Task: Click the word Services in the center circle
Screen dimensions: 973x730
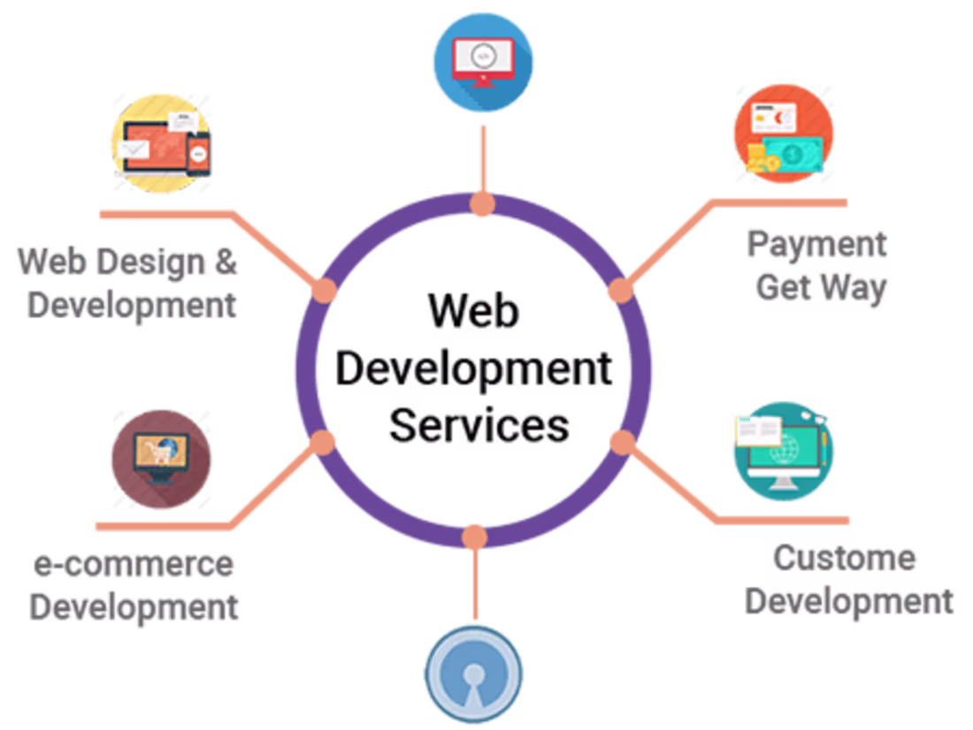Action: pos(479,425)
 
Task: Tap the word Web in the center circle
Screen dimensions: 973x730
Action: pos(473,310)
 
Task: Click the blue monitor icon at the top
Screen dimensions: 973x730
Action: pos(483,62)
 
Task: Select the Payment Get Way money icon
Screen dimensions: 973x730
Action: pos(784,133)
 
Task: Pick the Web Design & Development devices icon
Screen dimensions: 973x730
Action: pos(161,143)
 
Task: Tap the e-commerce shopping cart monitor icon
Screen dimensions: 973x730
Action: pos(161,459)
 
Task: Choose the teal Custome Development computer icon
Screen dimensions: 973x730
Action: pos(783,451)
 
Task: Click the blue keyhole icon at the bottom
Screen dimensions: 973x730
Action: pos(473,674)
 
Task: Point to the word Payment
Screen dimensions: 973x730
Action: pos(817,245)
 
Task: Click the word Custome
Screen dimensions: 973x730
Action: pos(844,558)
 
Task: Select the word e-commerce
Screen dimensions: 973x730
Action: pos(134,565)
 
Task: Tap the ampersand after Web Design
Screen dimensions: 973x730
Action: pos(226,261)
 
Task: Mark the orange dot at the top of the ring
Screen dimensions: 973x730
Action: pos(483,204)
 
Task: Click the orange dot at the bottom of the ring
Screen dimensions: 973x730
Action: pos(475,537)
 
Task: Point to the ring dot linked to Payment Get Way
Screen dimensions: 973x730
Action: pos(621,290)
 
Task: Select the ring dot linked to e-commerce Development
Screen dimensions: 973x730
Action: pos(323,442)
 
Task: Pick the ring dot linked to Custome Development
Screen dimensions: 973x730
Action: pos(623,442)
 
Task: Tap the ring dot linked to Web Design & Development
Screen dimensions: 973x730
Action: pos(324,290)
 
